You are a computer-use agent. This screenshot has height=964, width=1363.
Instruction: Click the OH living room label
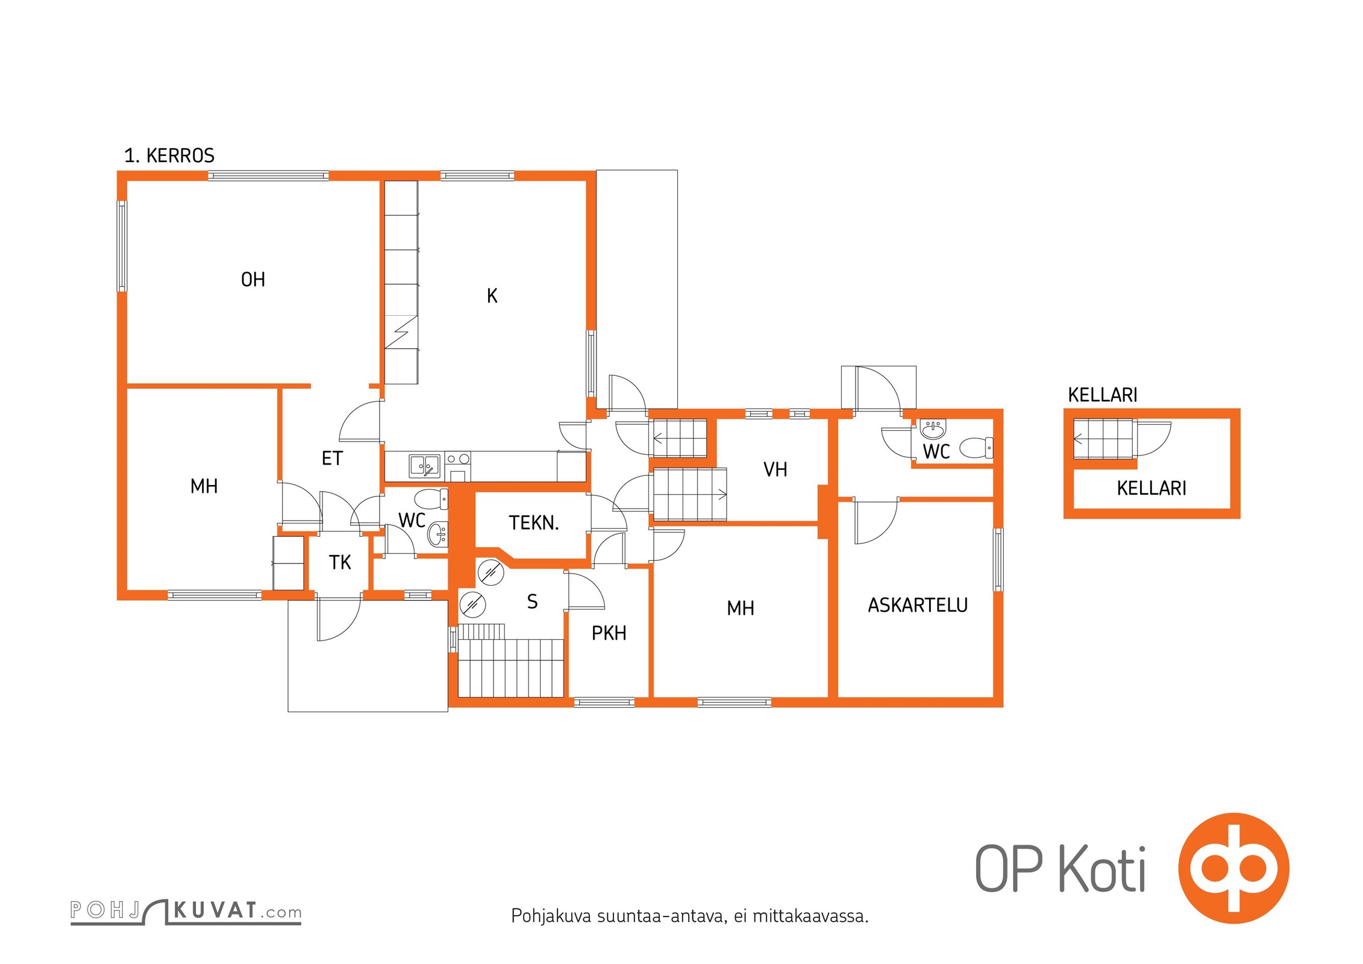(x=252, y=280)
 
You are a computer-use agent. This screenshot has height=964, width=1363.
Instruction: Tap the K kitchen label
(x=492, y=296)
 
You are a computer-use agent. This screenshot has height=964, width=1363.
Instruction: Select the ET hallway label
(x=332, y=459)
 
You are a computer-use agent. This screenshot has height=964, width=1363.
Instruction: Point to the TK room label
(x=340, y=563)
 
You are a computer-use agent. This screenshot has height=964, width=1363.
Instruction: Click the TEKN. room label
(x=534, y=523)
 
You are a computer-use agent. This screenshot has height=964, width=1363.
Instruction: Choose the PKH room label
(x=609, y=633)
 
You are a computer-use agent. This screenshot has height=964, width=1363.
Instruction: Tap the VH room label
(x=775, y=469)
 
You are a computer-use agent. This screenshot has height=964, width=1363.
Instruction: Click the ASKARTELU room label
(x=918, y=605)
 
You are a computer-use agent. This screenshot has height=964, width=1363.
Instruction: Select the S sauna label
(x=532, y=601)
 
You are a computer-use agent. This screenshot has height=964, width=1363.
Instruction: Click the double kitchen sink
(x=424, y=466)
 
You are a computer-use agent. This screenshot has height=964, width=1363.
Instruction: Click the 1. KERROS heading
(x=169, y=156)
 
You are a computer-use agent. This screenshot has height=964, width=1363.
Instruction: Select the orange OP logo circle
(x=1233, y=868)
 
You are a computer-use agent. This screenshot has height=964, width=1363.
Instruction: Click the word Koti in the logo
(x=1102, y=869)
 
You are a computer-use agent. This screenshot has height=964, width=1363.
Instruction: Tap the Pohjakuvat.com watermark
(x=186, y=912)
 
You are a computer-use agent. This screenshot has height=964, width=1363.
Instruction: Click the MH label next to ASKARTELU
(x=741, y=609)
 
